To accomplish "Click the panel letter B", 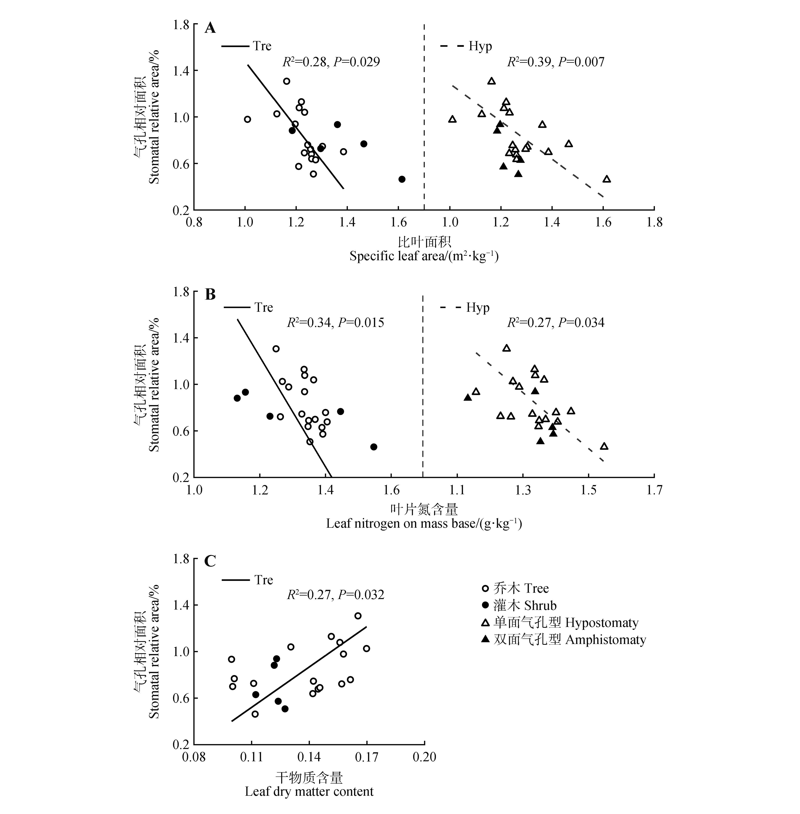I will (x=210, y=295).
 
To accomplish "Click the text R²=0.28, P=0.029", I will (x=331, y=62).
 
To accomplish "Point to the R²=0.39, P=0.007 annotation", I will (x=556, y=62).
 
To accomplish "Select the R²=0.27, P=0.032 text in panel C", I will (x=335, y=595).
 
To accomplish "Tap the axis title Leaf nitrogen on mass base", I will (x=424, y=524).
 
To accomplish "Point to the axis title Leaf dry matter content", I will (x=309, y=791).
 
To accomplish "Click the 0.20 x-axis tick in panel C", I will (x=424, y=757).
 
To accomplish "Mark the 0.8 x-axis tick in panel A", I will (x=194, y=222).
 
